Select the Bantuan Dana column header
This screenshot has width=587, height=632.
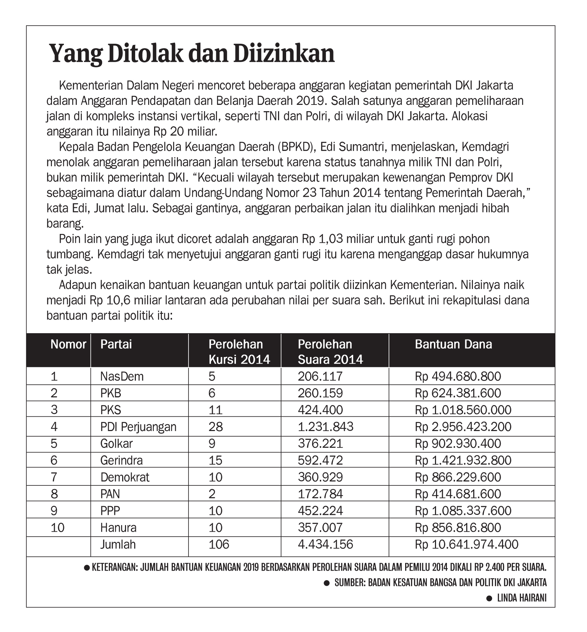(453, 344)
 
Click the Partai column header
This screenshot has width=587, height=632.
(116, 344)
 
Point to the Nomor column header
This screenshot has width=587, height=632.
(68, 344)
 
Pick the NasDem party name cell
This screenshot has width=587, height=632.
(122, 376)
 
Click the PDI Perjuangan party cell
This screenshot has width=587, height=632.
(138, 427)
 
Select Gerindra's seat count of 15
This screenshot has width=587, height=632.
(215, 460)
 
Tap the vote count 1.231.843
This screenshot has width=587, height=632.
(325, 427)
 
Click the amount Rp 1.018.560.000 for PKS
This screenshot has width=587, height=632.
(463, 410)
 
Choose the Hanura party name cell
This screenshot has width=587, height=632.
(118, 528)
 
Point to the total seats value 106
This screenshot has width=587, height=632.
(219, 545)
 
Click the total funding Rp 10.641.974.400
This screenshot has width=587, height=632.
(467, 545)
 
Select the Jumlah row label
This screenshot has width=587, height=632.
(118, 545)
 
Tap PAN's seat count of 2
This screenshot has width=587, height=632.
(212, 494)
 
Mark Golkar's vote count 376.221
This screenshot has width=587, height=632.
(320, 444)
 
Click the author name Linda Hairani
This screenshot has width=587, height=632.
(522, 598)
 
